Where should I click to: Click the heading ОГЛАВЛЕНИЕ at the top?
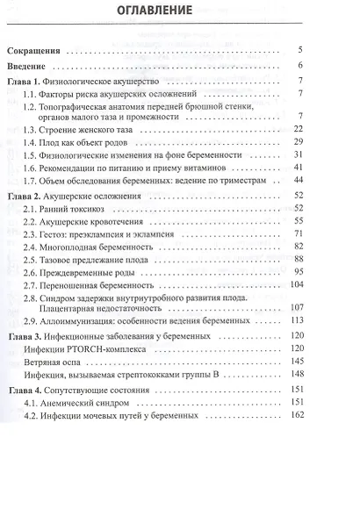coord(180,13)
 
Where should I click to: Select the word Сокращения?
coord(38,50)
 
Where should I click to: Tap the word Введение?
coord(32,66)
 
